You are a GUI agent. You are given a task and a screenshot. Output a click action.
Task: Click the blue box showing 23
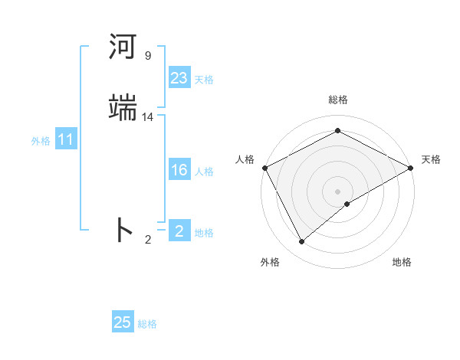pos(179,78)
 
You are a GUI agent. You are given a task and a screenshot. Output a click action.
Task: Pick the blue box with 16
pos(179,170)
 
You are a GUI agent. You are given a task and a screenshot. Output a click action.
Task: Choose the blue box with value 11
pos(66,140)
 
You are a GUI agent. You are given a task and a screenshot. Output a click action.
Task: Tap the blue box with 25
pos(123,322)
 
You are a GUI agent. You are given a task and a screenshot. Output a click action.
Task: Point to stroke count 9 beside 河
pos(147,56)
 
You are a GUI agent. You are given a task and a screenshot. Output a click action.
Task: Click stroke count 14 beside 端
pos(148,116)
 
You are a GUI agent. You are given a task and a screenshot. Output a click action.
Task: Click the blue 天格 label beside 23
pos(204,80)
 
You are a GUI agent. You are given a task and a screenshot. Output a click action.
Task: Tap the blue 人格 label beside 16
pos(204,172)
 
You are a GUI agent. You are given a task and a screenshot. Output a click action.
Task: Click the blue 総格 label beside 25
pos(147,324)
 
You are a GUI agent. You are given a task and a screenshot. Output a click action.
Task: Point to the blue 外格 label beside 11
pos(41,142)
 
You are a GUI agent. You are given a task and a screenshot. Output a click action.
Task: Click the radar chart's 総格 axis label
pos(337,100)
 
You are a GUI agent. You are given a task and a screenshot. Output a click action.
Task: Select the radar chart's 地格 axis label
pos(402,262)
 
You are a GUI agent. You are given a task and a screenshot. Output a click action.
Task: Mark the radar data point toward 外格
pos(301,242)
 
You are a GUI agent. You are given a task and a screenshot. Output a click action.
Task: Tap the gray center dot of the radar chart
pos(337,191)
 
